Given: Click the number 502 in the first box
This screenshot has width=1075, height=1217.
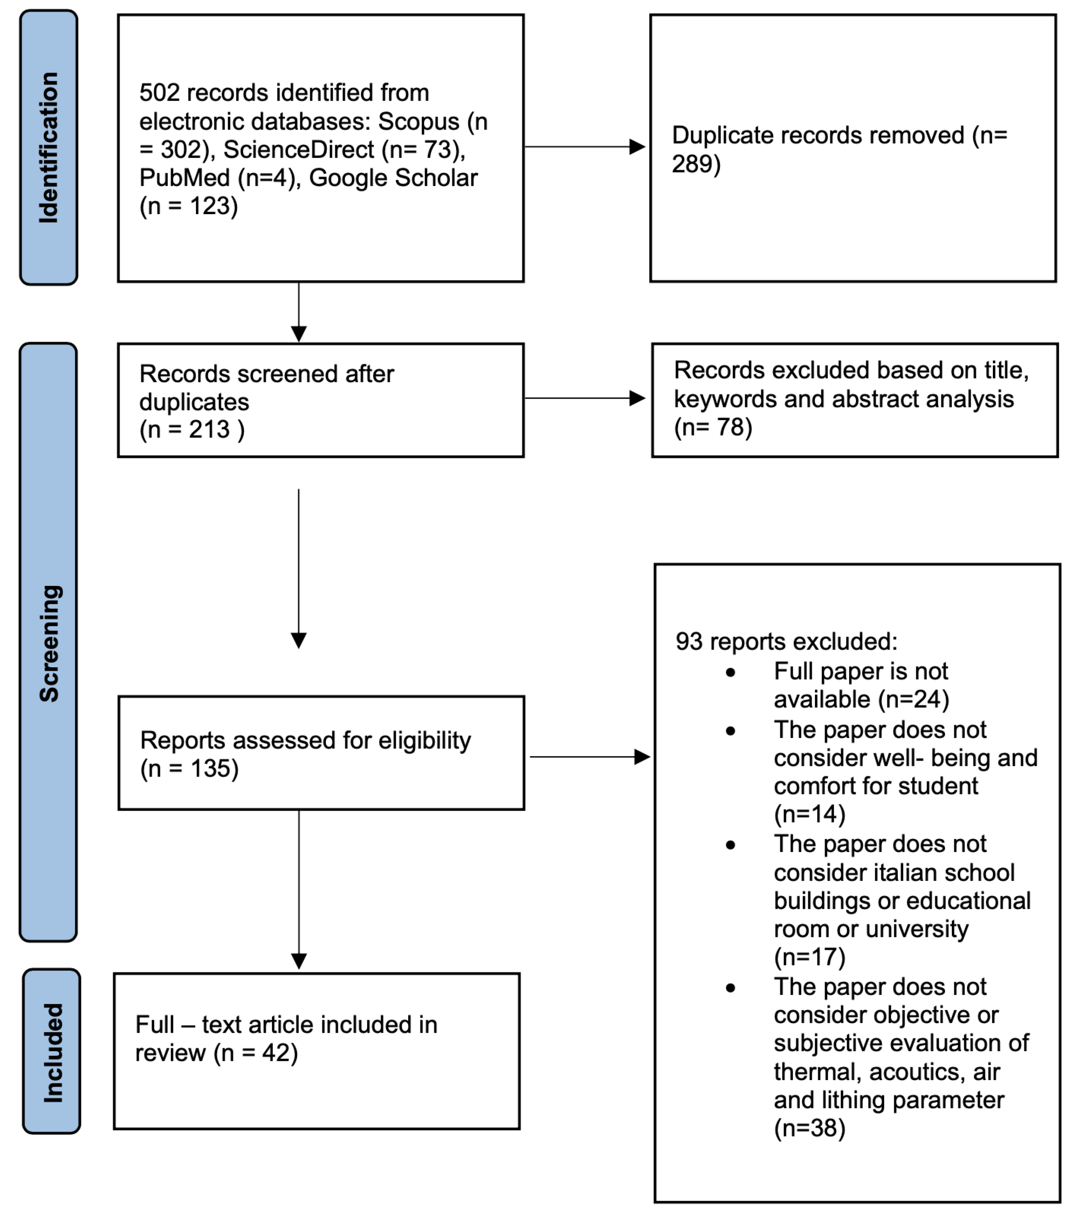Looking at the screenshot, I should click(159, 93).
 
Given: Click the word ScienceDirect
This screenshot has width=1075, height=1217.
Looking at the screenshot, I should click(298, 149).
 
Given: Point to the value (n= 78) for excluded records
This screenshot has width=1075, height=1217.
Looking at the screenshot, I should click(713, 427).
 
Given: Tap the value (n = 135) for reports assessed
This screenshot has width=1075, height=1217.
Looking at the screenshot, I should click(190, 769).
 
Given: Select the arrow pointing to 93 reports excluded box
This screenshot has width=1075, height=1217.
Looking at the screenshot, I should click(590, 757).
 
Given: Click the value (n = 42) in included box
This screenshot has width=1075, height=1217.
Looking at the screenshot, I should click(256, 1053).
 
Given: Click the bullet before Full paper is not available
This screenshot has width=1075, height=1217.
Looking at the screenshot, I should click(731, 673).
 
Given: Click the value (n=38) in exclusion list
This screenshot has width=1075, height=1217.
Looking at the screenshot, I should click(809, 1129).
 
